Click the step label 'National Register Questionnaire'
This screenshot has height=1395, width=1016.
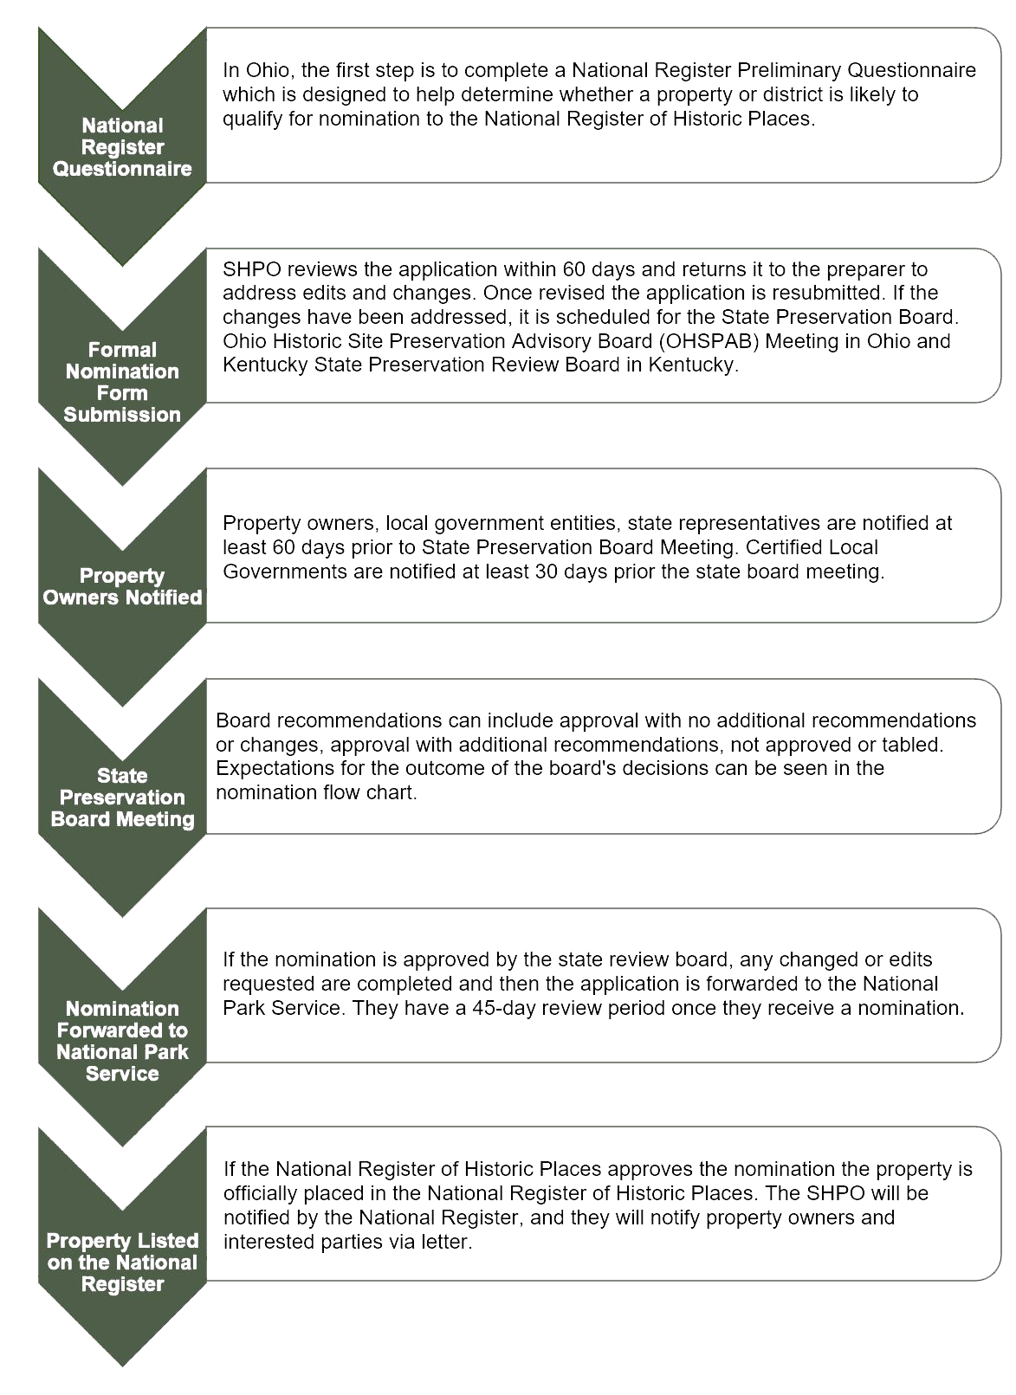tap(122, 147)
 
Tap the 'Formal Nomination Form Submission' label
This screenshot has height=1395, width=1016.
tap(122, 382)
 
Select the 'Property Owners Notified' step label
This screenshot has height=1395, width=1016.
tap(122, 586)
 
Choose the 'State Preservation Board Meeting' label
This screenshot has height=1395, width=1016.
tap(122, 797)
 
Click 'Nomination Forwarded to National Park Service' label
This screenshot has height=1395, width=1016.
tap(122, 1041)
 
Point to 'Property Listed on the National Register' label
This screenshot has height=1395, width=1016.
tap(122, 1262)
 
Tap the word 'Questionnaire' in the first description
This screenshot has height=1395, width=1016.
tap(911, 70)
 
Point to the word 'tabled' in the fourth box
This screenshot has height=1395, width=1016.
tap(916, 744)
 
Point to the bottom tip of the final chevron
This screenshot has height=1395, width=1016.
tap(122, 1366)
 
